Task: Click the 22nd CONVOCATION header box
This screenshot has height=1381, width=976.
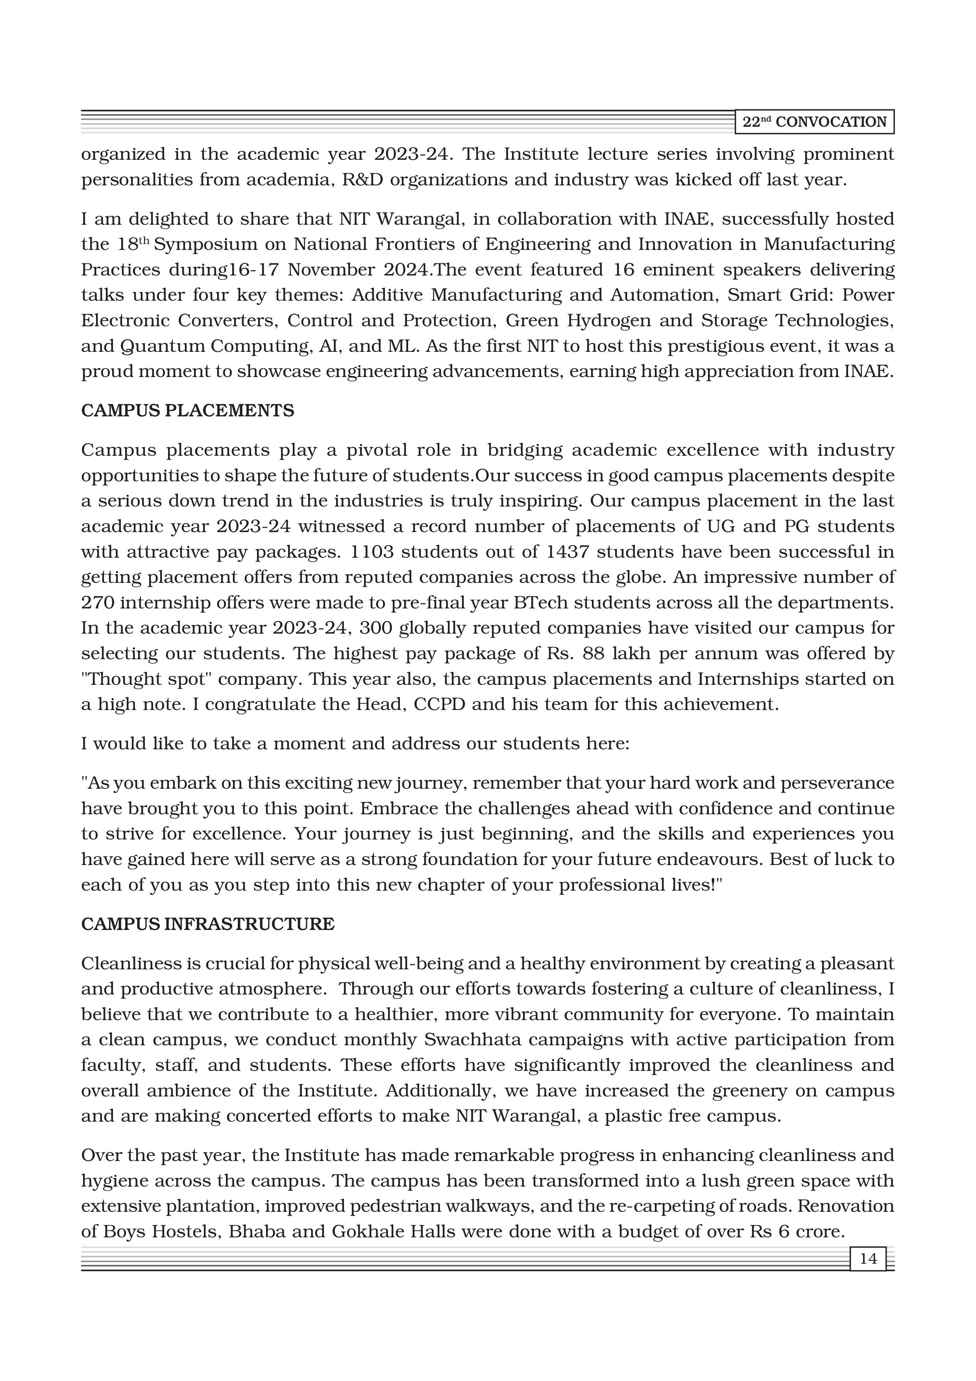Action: pos(814,122)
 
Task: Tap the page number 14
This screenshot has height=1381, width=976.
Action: pos(868,1258)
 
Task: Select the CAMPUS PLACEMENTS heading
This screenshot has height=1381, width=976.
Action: pos(188,411)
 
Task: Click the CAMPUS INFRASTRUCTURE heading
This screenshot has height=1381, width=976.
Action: pos(207,924)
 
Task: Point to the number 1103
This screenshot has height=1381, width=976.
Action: pos(371,551)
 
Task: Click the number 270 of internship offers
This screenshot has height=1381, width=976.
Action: pos(98,603)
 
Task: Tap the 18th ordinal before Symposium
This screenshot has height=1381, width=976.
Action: pos(130,244)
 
